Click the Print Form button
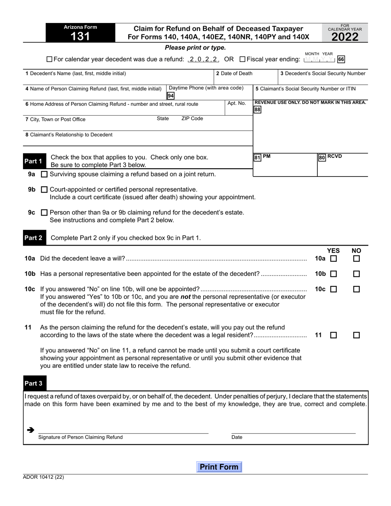(x=219, y=467)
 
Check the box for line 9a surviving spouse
(x=44, y=174)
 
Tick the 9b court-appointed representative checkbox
(x=44, y=190)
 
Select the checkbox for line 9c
(x=44, y=213)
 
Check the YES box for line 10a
(x=333, y=259)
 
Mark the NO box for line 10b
(x=356, y=274)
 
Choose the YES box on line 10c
(x=333, y=289)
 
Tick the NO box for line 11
(x=356, y=335)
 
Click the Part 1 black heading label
(x=33, y=161)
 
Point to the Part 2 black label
(x=33, y=238)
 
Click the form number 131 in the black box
(x=80, y=37)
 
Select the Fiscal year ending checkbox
(x=242, y=59)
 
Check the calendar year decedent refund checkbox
(x=49, y=59)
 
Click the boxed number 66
(x=341, y=59)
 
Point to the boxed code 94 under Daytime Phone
(x=170, y=96)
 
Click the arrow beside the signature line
(x=30, y=430)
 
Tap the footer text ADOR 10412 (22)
(x=44, y=478)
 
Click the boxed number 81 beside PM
(x=257, y=157)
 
